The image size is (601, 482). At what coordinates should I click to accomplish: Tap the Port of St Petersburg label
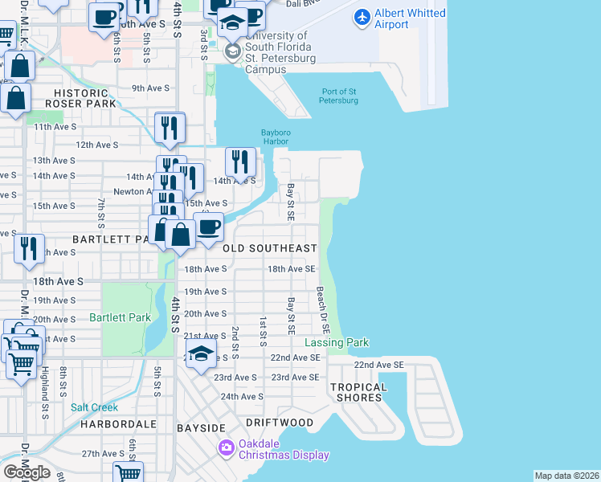pyautogui.click(x=339, y=96)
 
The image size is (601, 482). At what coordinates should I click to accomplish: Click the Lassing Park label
pyautogui.click(x=336, y=342)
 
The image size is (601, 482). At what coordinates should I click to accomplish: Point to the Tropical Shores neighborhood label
pyautogui.click(x=358, y=392)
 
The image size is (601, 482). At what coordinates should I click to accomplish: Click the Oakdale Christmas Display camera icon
pyautogui.click(x=227, y=447)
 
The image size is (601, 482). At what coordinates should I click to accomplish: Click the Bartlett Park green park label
pyautogui.click(x=121, y=317)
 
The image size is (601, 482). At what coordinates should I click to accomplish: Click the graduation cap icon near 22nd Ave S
pyautogui.click(x=202, y=354)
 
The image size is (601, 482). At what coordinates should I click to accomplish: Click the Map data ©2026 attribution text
pyautogui.click(x=566, y=476)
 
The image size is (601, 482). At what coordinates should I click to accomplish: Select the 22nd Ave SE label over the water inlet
pyautogui.click(x=378, y=365)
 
